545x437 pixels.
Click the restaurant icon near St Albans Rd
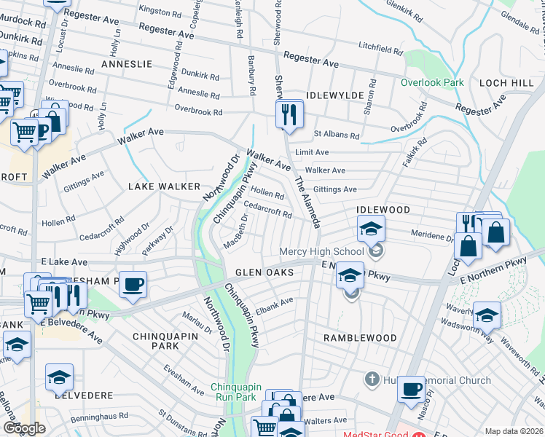click(x=289, y=114)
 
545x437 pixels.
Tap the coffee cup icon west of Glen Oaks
click(x=133, y=284)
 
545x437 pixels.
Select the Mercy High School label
click(x=321, y=252)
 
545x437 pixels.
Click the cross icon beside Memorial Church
click(x=372, y=379)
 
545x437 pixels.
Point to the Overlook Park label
click(x=432, y=82)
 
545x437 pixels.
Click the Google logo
click(x=24, y=428)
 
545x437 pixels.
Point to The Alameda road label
click(x=307, y=202)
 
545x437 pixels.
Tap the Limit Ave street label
click(x=311, y=152)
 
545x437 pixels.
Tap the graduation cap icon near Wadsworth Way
click(x=487, y=314)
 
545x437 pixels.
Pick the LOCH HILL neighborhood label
click(x=506, y=84)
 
